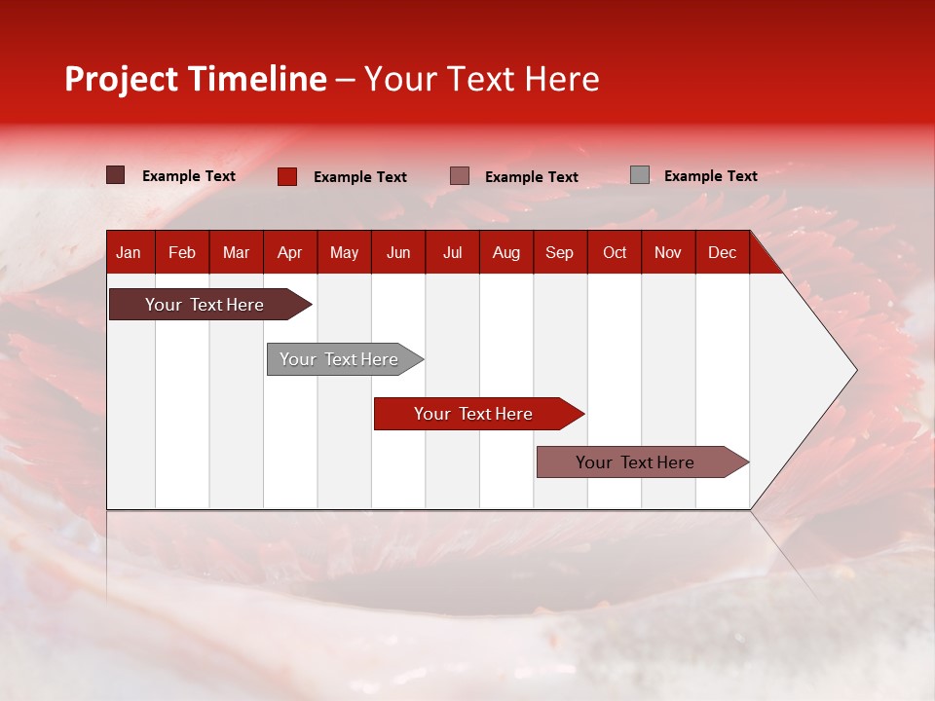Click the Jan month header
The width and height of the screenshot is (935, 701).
(x=129, y=253)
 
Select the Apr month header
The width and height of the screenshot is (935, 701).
(x=289, y=253)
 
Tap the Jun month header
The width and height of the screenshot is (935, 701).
(x=397, y=253)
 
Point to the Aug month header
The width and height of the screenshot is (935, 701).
(x=505, y=253)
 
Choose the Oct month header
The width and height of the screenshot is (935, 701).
(x=614, y=253)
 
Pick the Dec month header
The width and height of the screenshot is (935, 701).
(x=722, y=253)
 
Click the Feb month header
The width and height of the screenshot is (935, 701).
(x=182, y=253)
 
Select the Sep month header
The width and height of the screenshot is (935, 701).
(x=559, y=253)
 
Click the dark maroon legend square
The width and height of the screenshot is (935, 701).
(x=116, y=175)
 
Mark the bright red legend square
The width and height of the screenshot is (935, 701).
(x=287, y=176)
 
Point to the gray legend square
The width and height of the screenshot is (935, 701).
(x=640, y=175)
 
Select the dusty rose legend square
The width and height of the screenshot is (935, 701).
(x=460, y=175)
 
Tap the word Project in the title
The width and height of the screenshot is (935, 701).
(x=123, y=79)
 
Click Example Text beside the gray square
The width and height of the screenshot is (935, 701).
(x=710, y=176)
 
